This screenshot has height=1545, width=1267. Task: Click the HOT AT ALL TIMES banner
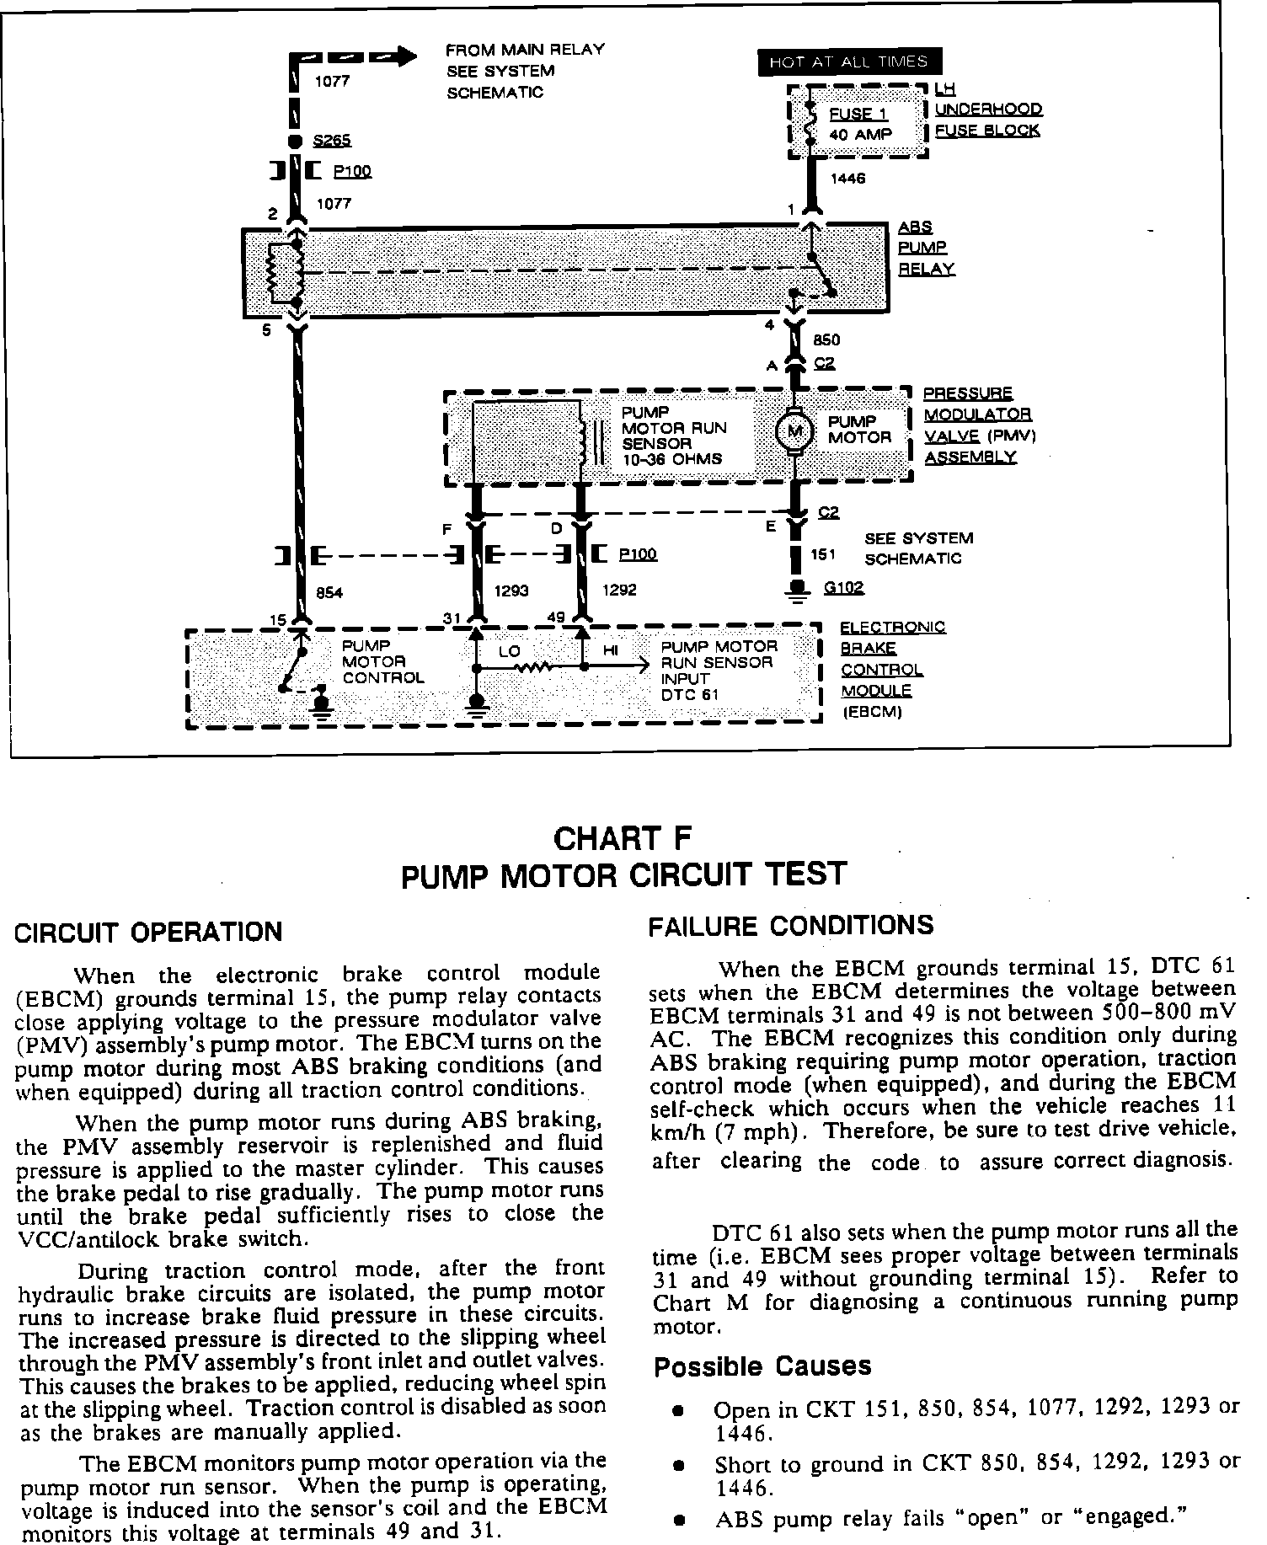point(849,61)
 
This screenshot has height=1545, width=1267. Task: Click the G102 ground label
point(844,587)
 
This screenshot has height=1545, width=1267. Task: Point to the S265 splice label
point(331,141)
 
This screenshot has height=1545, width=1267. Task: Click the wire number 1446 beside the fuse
point(847,179)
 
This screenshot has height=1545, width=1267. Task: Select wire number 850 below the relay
point(826,340)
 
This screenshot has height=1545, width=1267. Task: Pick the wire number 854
point(329,592)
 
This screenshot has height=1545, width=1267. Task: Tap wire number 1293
point(511,591)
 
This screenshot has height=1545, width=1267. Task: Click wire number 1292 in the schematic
point(619,591)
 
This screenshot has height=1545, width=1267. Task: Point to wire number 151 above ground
point(822,554)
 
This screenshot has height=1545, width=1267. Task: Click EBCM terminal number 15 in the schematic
point(277,620)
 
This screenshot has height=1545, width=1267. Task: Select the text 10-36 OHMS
point(671,459)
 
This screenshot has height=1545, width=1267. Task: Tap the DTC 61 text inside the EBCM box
point(689,695)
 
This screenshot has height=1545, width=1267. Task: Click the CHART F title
point(623,838)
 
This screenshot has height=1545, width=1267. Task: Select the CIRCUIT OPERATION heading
point(150,933)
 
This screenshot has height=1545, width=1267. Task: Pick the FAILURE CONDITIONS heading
point(791,925)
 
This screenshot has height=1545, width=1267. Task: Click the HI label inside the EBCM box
point(611,650)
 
